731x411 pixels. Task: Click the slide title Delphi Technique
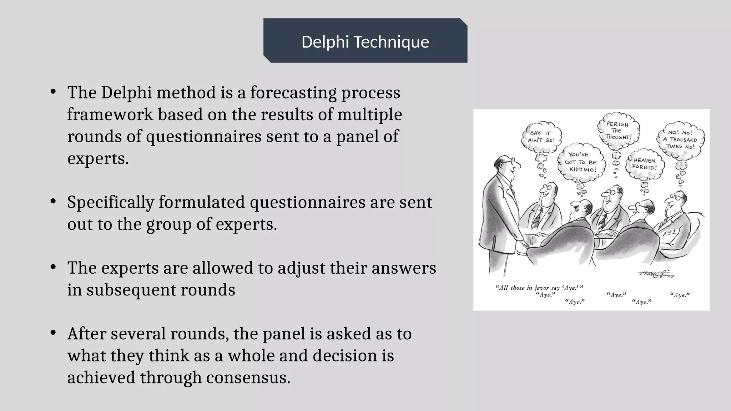click(x=365, y=42)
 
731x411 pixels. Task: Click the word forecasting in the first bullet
click(x=293, y=93)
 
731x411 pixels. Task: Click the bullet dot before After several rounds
click(x=53, y=333)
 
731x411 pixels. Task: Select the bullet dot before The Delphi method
click(x=53, y=92)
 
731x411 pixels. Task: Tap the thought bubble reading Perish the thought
click(x=618, y=130)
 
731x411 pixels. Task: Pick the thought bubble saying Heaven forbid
click(x=645, y=164)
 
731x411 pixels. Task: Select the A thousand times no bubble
click(x=680, y=140)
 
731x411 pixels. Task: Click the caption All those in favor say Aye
click(x=539, y=288)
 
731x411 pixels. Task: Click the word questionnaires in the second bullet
click(x=307, y=203)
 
